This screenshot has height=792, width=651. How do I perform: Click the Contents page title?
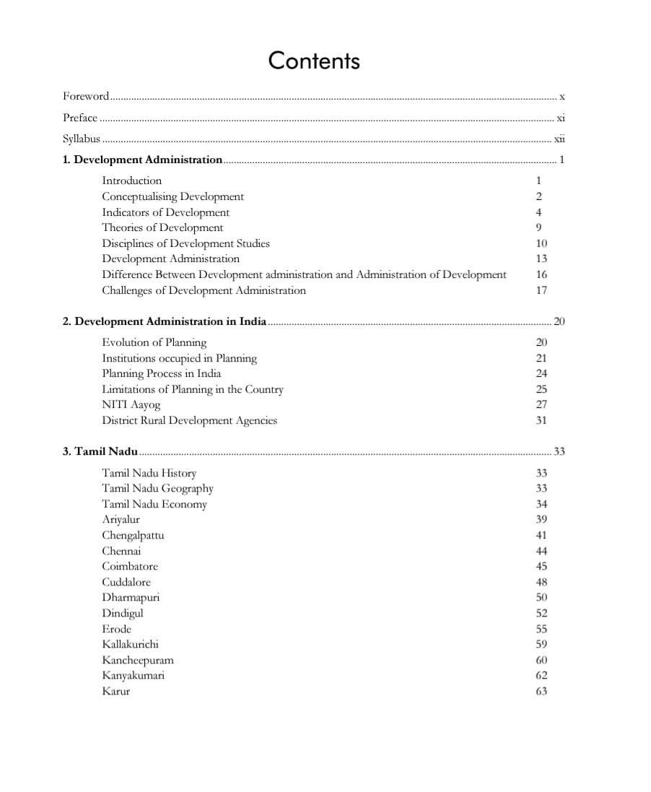pyautogui.click(x=314, y=61)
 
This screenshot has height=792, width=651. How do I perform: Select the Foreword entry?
pyautogui.click(x=86, y=96)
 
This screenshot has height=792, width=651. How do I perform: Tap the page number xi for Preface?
pyautogui.click(x=560, y=118)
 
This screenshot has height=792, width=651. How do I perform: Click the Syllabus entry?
pyautogui.click(x=81, y=139)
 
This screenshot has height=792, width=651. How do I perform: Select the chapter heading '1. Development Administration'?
pyautogui.click(x=143, y=160)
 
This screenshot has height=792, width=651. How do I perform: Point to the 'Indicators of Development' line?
pyautogui.click(x=165, y=212)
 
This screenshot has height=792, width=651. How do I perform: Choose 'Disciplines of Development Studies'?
pyautogui.click(x=185, y=243)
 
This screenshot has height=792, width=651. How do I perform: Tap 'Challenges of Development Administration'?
pyautogui.click(x=204, y=290)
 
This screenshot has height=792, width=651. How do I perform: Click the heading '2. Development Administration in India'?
pyautogui.click(x=165, y=321)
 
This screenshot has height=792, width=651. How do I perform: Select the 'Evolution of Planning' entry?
pyautogui.click(x=154, y=342)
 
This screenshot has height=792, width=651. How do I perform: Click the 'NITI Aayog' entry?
pyautogui.click(x=131, y=405)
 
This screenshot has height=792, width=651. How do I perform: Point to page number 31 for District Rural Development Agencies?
pyautogui.click(x=541, y=420)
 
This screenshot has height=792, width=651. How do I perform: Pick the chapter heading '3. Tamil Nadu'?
pyautogui.click(x=100, y=452)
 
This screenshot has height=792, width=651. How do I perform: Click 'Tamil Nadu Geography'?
pyautogui.click(x=157, y=488)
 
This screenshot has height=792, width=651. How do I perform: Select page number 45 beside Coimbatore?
pyautogui.click(x=541, y=567)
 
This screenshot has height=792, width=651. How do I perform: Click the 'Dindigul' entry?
pyautogui.click(x=122, y=613)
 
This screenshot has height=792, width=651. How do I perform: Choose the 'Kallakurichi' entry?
pyautogui.click(x=130, y=644)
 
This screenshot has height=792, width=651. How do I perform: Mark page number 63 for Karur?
pyautogui.click(x=541, y=691)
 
